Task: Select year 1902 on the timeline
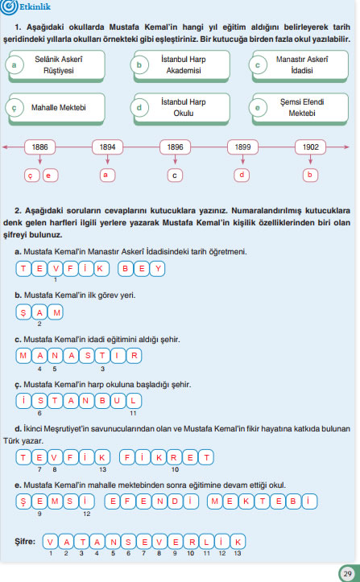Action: [x=310, y=148]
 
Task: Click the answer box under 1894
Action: [x=106, y=174]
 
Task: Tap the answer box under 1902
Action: [x=310, y=174]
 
